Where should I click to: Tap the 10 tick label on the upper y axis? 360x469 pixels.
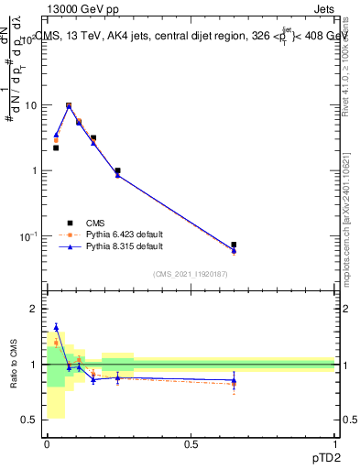34,105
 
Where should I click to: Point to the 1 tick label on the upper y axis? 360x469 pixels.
38,171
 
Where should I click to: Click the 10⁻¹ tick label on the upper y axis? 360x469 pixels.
32,236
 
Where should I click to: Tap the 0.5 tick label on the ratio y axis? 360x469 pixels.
32,420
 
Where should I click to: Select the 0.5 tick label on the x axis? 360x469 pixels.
191,443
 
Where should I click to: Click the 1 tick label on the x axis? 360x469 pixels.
334,443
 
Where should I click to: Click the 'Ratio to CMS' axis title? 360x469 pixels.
13,364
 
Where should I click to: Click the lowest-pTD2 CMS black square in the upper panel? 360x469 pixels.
56,147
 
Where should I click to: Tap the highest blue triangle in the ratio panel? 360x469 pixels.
56,327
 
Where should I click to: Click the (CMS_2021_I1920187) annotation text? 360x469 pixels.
190,274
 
